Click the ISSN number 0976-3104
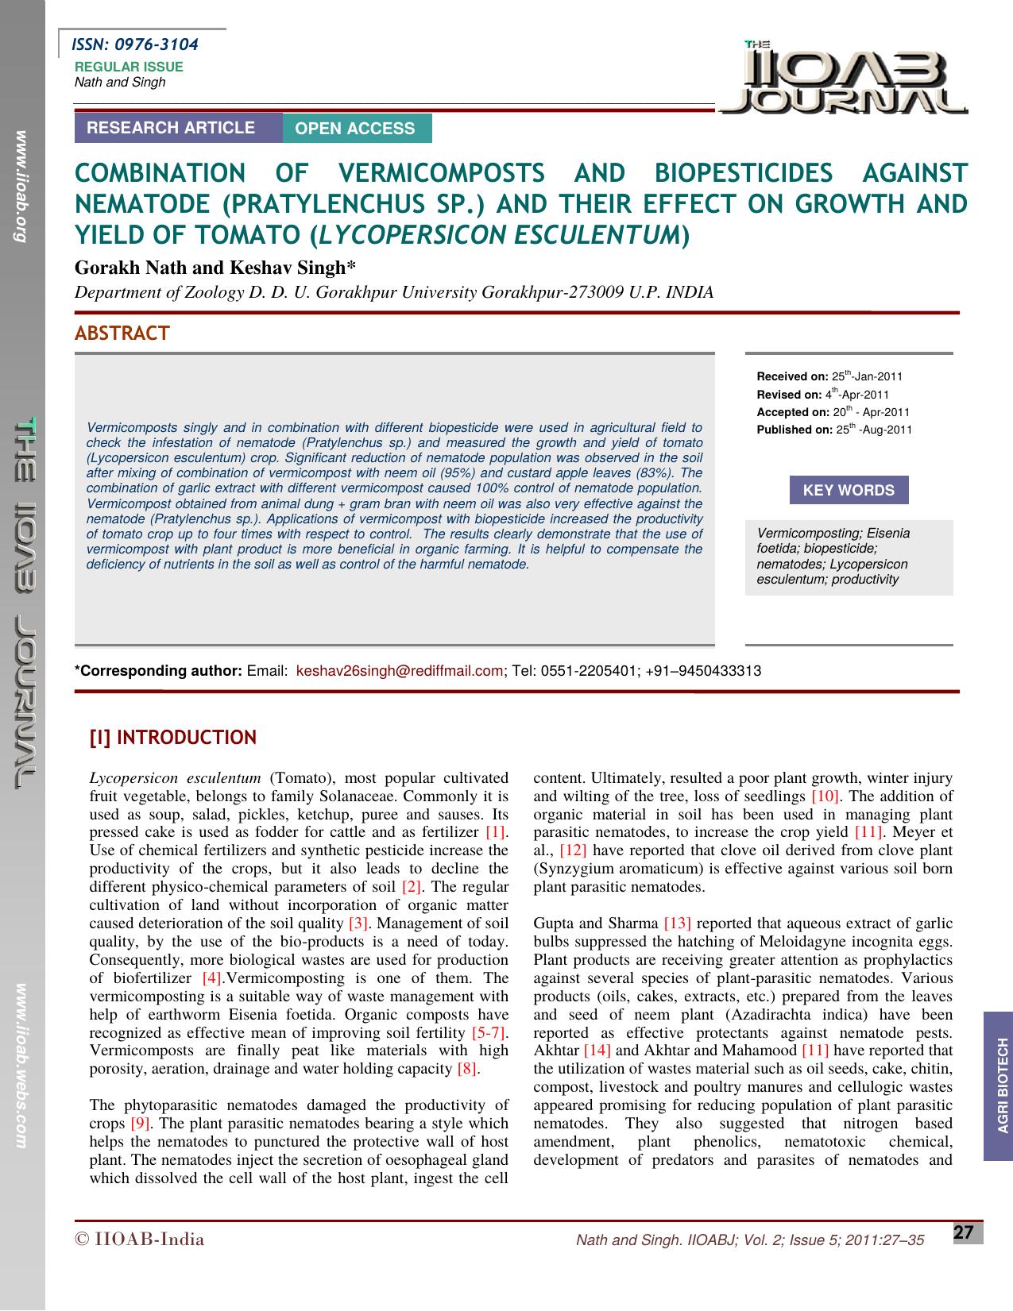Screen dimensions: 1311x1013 [156, 44]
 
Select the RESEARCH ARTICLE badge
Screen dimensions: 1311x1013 [171, 128]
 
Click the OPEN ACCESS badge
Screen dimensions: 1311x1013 [355, 129]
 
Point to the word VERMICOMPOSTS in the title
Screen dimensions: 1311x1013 [441, 172]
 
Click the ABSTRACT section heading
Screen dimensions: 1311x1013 [122, 334]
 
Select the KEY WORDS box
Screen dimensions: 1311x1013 [849, 490]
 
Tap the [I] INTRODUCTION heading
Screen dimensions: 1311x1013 [172, 738]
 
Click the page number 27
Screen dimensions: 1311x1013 [963, 1233]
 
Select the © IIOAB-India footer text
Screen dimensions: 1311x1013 [139, 1240]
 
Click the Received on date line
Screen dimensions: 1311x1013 [829, 376]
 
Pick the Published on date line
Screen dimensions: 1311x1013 [834, 430]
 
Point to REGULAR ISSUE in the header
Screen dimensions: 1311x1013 [129, 67]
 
